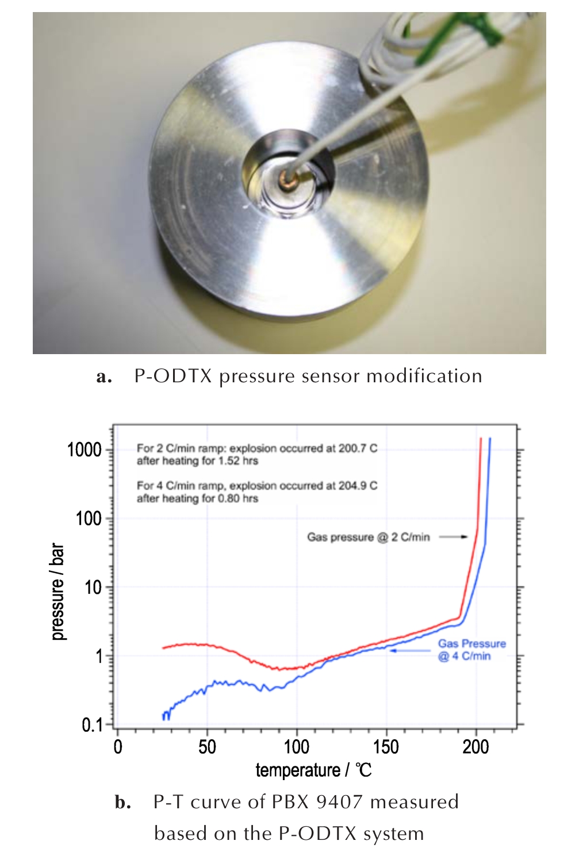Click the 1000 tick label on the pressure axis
(84, 450)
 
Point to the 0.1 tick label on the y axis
(92, 725)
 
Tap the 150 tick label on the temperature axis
(386, 747)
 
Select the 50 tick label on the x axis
(207, 747)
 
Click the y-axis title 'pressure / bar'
(57, 592)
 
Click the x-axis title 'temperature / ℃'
(313, 770)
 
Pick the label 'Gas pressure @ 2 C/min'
(368, 537)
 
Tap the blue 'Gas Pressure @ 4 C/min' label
(471, 650)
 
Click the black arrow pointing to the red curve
(454, 537)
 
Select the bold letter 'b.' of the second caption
(122, 802)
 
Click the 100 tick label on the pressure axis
(89, 519)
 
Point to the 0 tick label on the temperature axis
(118, 747)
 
